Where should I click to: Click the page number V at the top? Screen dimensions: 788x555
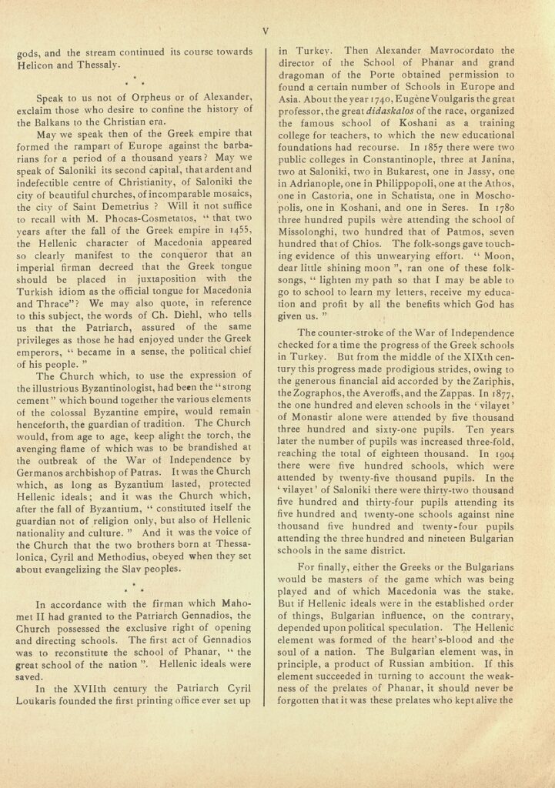[x=266, y=32]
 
